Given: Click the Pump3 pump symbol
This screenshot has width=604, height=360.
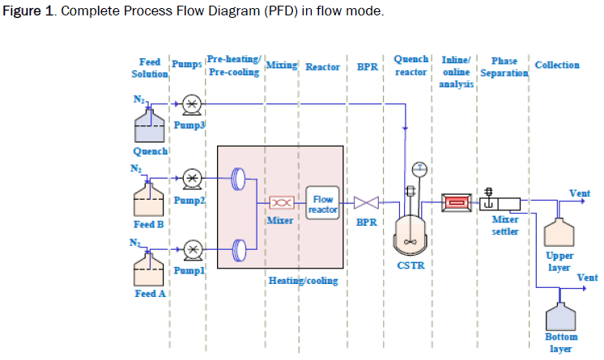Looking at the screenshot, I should click(x=192, y=104).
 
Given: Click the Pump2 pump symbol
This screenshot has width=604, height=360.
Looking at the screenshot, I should click(x=192, y=177).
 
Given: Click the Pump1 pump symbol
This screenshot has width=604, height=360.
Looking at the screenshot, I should click(x=192, y=248).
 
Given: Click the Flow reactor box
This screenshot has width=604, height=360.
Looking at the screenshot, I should click(x=322, y=203).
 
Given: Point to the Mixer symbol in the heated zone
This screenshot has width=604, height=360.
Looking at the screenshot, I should click(x=280, y=202).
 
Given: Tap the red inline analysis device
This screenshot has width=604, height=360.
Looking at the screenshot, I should click(x=456, y=202).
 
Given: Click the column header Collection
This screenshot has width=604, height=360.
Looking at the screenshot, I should click(x=557, y=65).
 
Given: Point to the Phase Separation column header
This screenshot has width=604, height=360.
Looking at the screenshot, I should click(x=504, y=67).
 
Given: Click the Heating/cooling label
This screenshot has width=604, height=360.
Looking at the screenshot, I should click(x=303, y=281).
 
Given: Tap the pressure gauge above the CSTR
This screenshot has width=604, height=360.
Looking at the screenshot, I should click(x=419, y=169).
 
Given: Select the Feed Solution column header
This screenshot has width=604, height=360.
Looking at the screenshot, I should click(x=150, y=67).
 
